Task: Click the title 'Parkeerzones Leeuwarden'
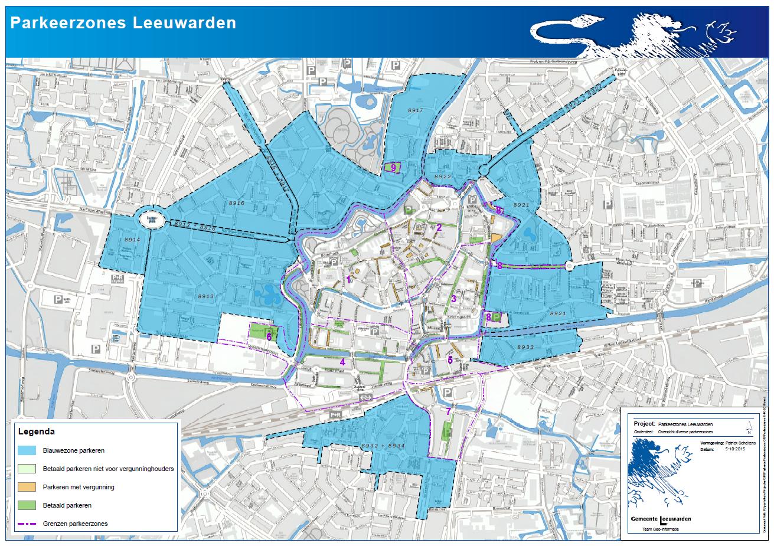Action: (x=123, y=22)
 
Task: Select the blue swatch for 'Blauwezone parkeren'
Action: (x=27, y=450)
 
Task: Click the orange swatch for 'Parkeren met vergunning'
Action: (x=27, y=487)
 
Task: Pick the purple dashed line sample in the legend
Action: (x=27, y=524)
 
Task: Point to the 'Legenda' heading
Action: (x=37, y=431)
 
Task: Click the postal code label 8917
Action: (x=416, y=111)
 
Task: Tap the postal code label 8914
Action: (x=132, y=240)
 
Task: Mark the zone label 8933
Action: (x=525, y=347)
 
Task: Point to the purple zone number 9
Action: (x=393, y=168)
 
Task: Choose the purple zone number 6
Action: (x=269, y=336)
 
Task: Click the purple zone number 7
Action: (x=449, y=411)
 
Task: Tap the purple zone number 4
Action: (x=342, y=361)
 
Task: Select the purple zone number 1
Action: (x=349, y=279)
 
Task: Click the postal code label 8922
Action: (x=443, y=176)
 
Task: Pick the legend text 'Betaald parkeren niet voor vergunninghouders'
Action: (x=108, y=469)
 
